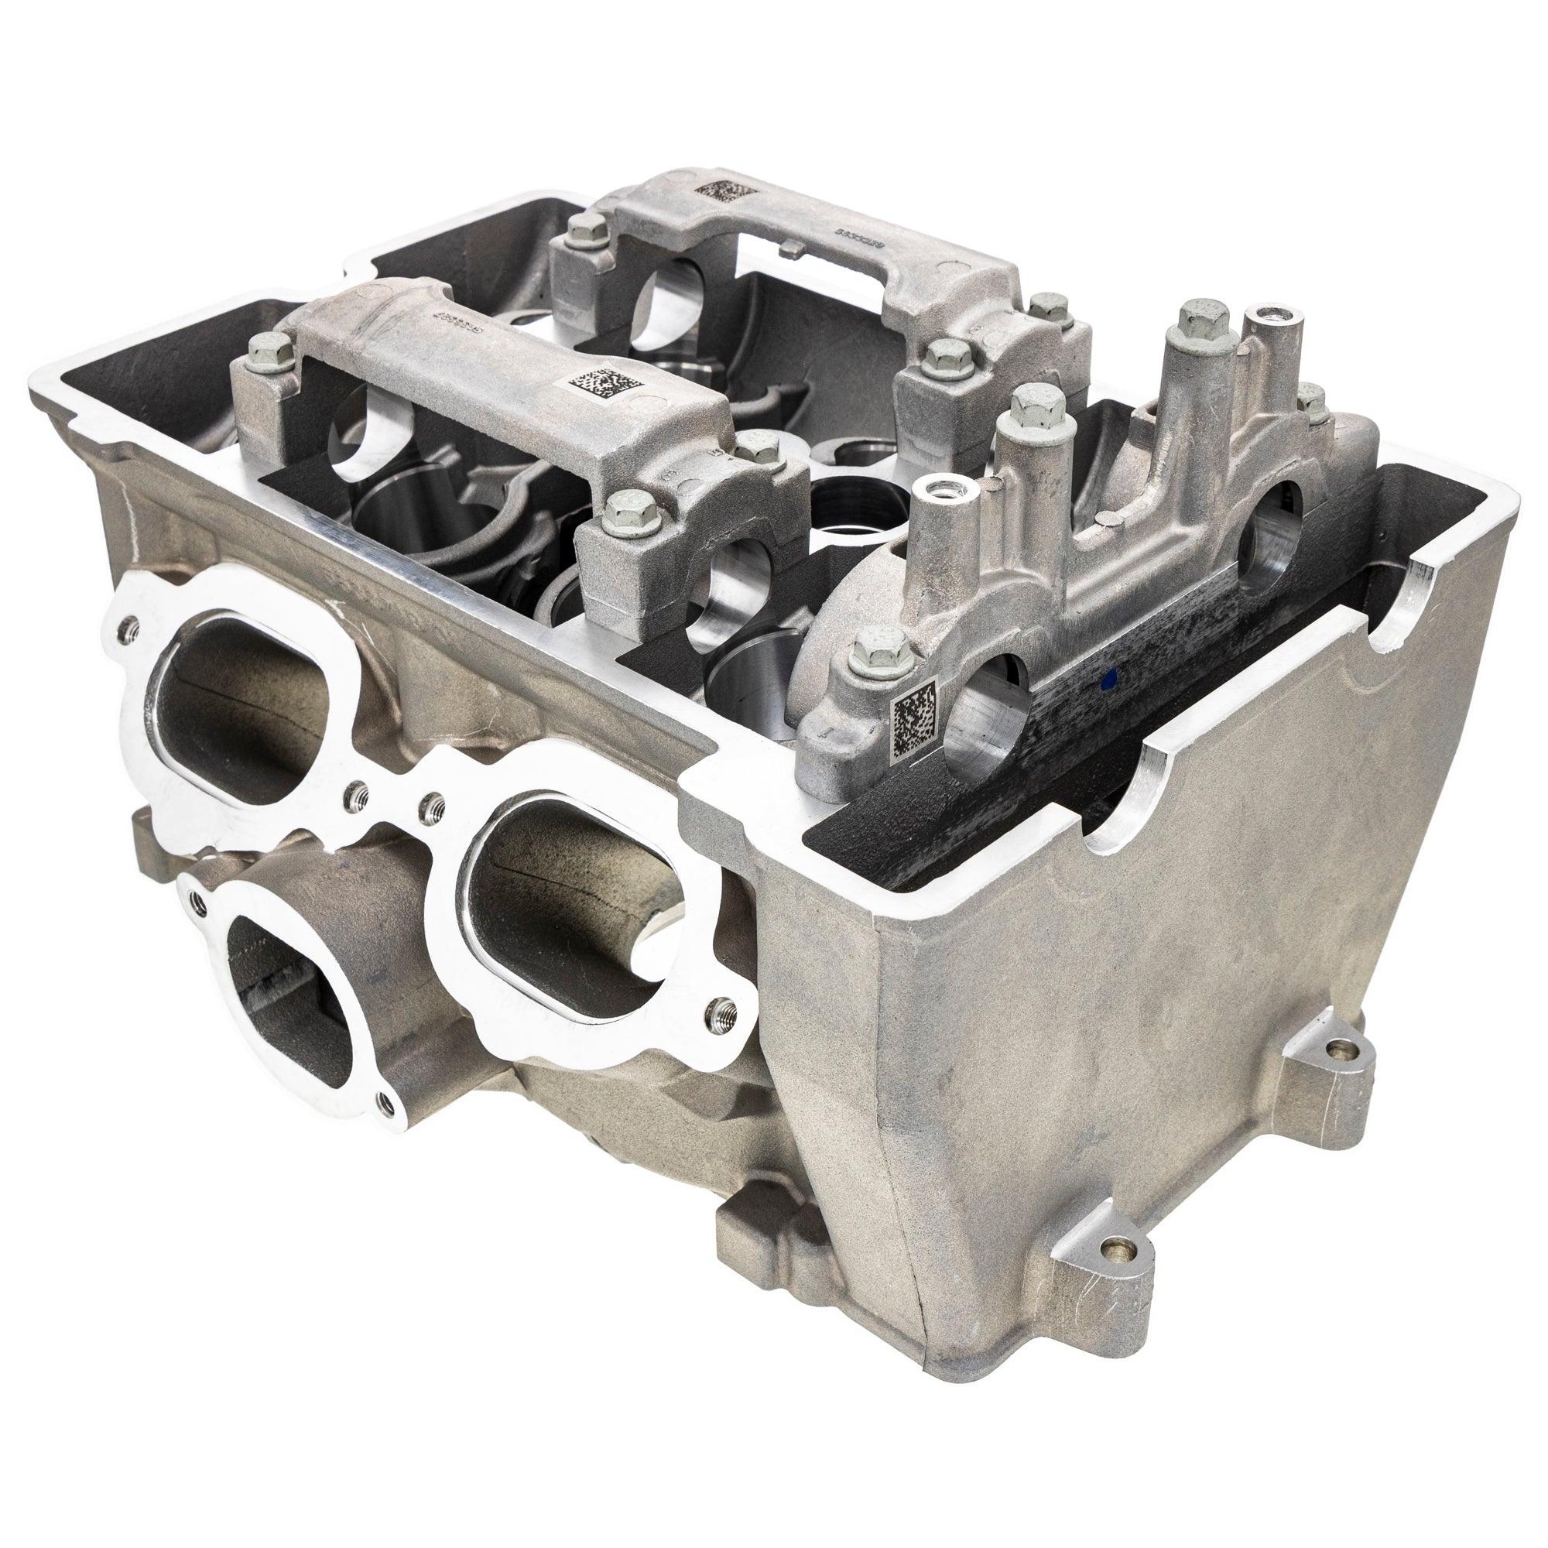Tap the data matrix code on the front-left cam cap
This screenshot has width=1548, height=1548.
[605, 383]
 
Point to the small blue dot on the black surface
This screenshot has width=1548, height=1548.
[1108, 705]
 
